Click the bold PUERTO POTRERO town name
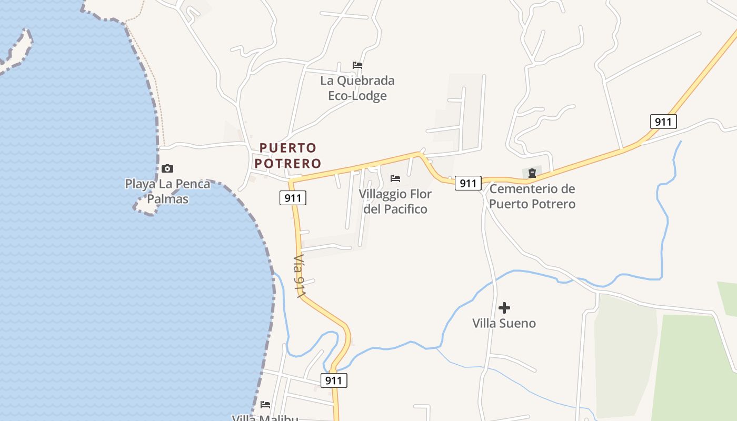287,155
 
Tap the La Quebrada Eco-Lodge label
357,88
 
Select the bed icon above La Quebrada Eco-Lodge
357,65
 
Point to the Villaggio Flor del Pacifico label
395,202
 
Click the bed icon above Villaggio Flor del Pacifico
395,178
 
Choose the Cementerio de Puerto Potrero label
532,196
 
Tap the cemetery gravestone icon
532,173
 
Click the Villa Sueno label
504,323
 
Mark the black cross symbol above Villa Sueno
504,307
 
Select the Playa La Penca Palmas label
167,192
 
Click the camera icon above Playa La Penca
167,168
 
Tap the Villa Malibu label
265,418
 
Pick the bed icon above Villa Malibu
265,405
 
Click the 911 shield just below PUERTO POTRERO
293,198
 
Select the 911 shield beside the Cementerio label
467,183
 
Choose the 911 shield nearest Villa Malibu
334,380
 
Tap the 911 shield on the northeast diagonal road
663,122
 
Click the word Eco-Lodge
357,96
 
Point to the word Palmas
167,199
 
